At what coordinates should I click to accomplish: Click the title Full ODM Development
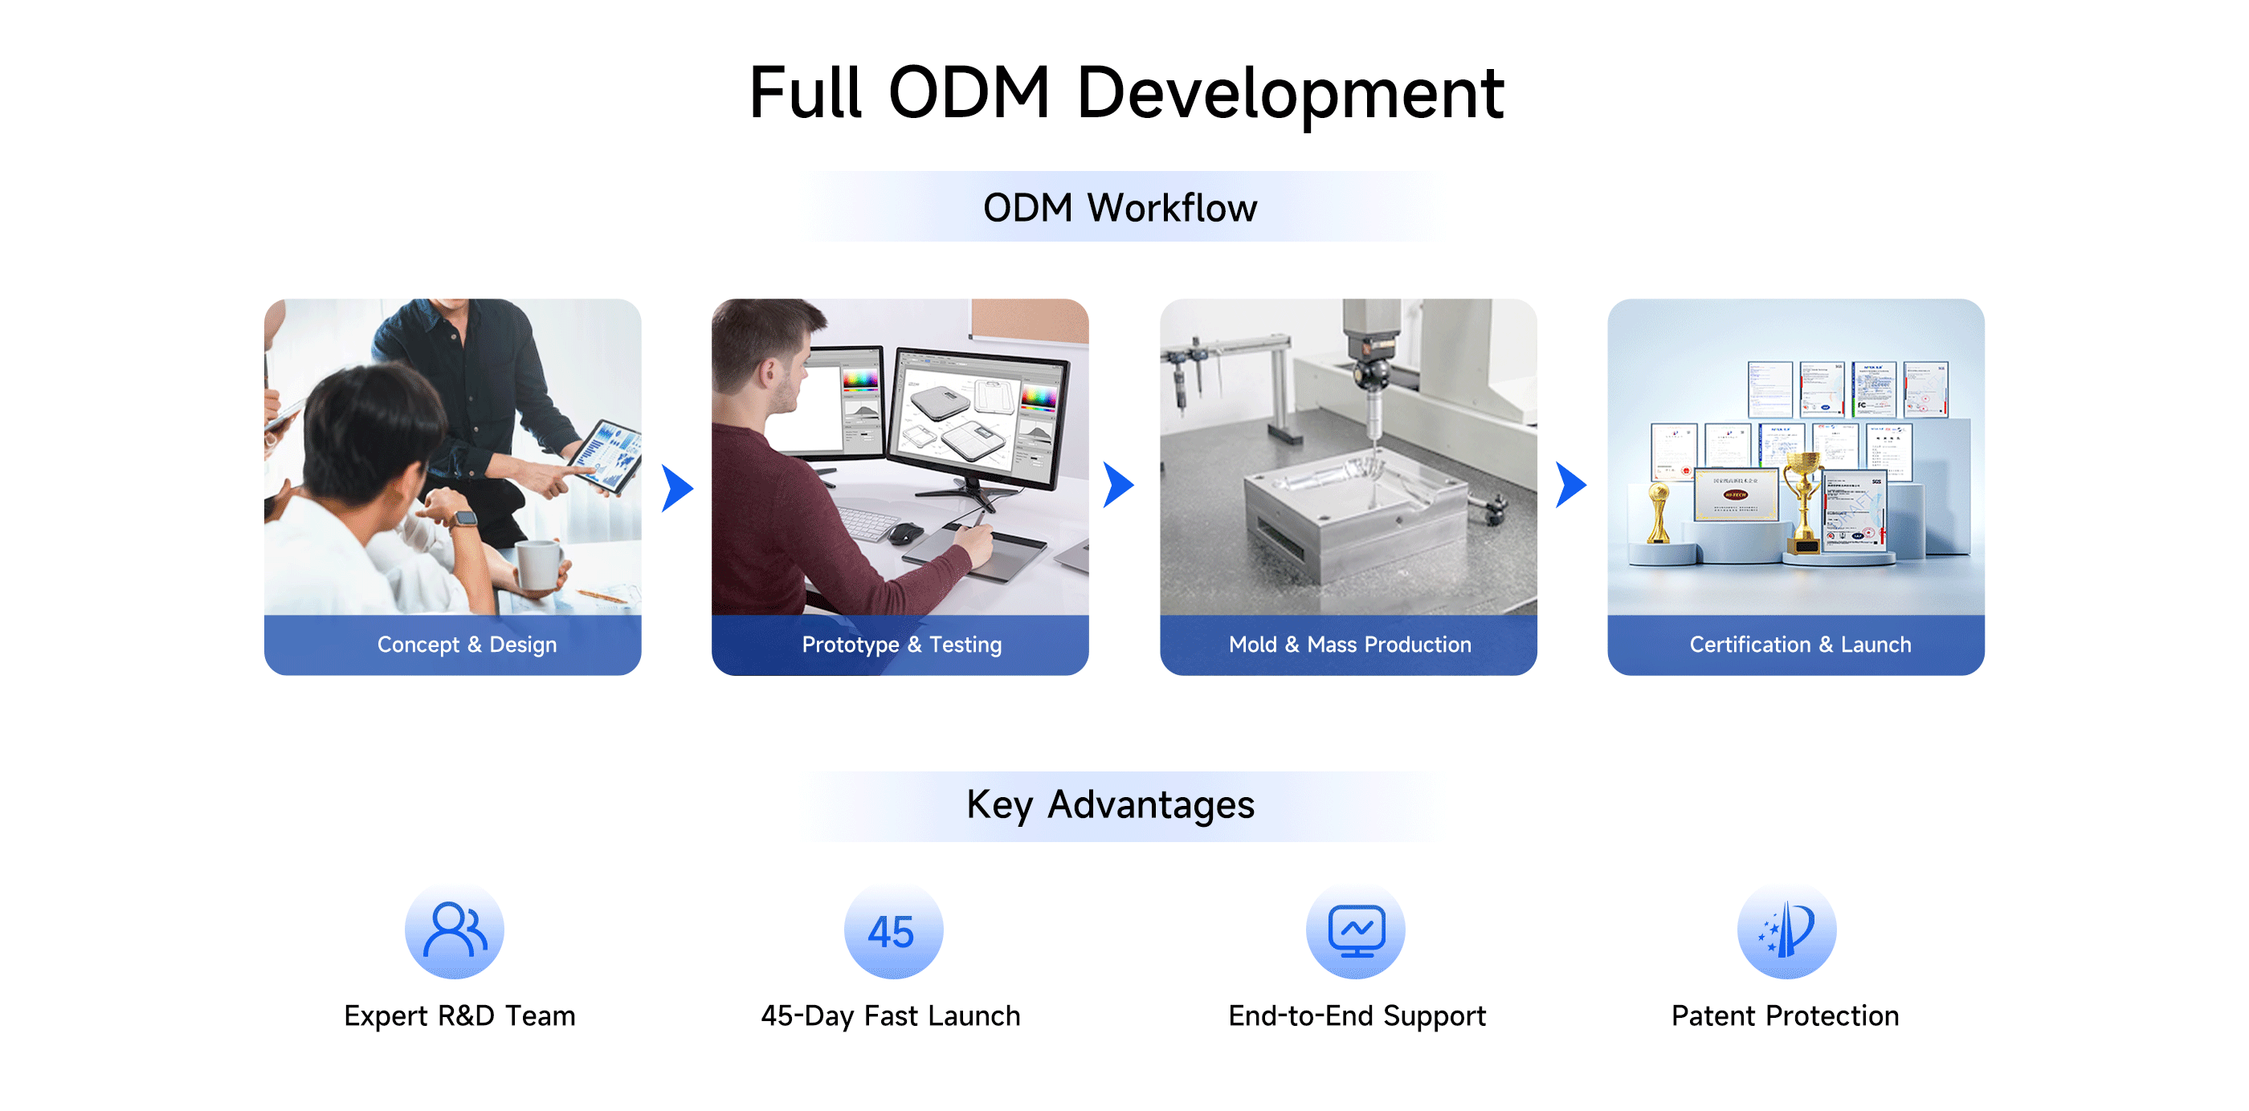click(x=1126, y=92)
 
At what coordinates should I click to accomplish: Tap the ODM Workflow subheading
click(x=1120, y=208)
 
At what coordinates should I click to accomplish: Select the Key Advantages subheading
click(x=1111, y=804)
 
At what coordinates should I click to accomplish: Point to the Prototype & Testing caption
click(x=902, y=644)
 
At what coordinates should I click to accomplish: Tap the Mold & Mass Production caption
click(x=1349, y=644)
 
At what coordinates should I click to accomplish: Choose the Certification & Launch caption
click(x=1800, y=644)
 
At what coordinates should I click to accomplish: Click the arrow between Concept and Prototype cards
click(x=677, y=487)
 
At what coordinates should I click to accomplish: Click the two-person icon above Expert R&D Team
click(x=454, y=930)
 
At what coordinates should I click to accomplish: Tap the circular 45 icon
click(x=893, y=930)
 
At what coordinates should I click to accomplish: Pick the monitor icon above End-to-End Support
click(x=1355, y=930)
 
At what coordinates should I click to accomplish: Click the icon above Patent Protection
click(x=1786, y=930)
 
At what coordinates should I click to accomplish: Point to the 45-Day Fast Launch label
click(x=891, y=1015)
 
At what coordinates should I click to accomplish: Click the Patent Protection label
click(x=1786, y=1015)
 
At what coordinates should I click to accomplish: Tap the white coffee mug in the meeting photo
click(x=539, y=564)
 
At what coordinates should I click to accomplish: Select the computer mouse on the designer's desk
click(x=905, y=532)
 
